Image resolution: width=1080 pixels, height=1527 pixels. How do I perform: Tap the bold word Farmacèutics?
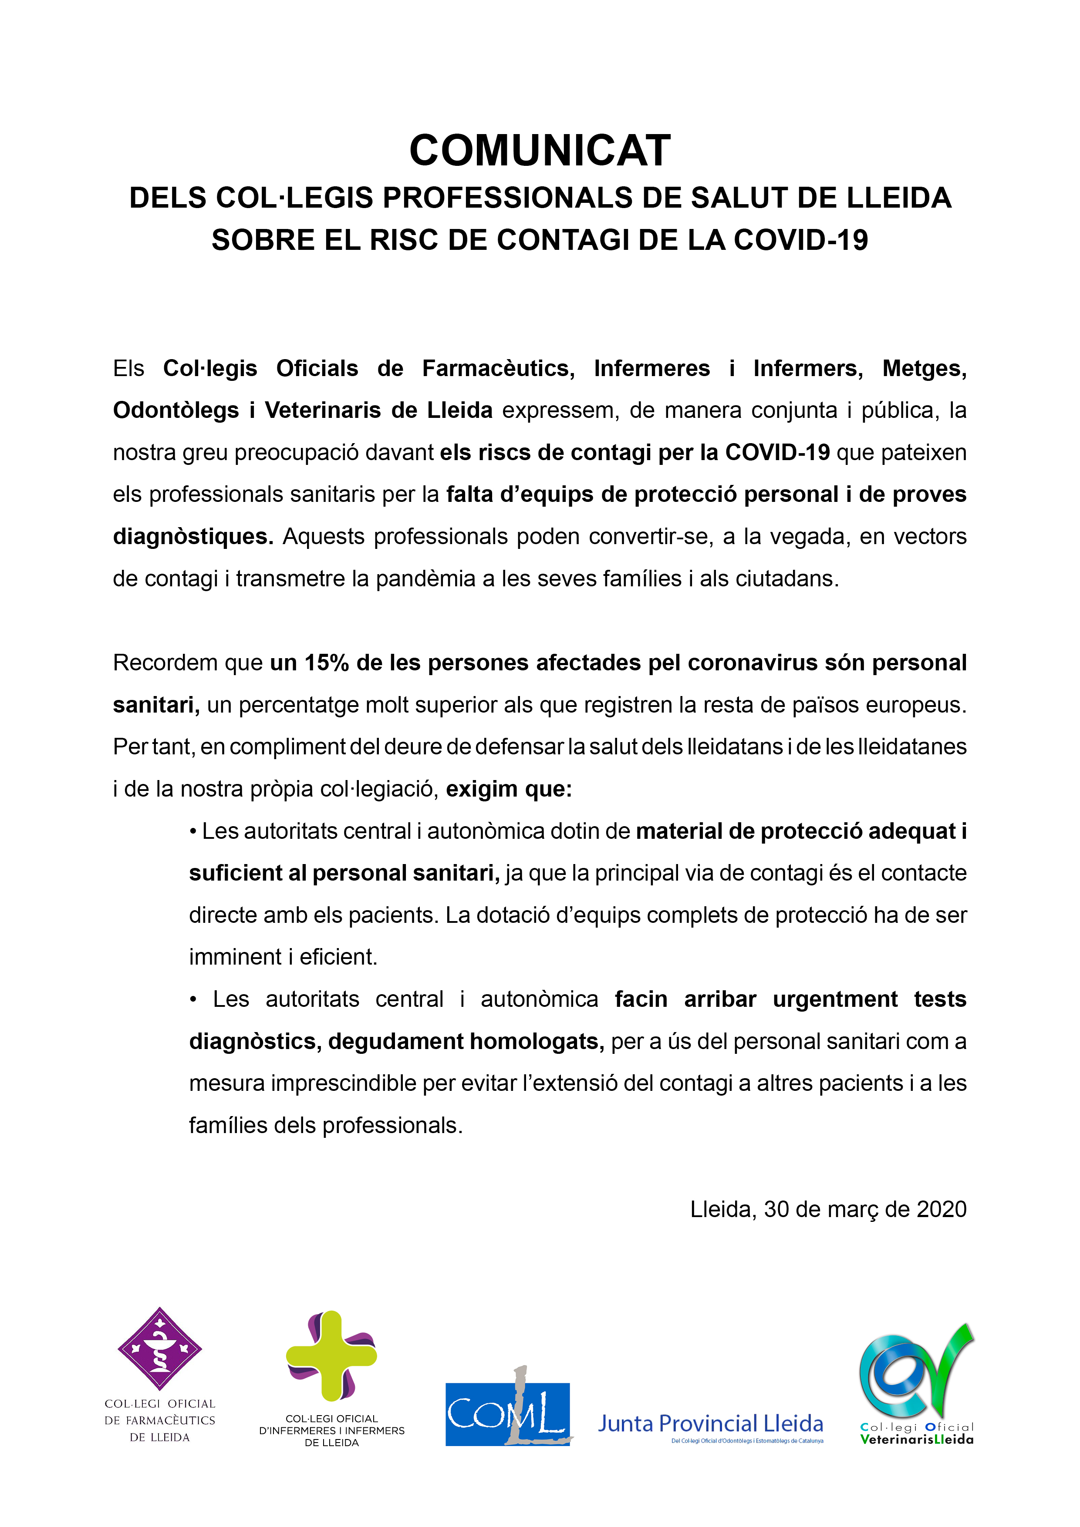point(498,368)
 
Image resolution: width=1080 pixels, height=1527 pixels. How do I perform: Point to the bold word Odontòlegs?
point(175,410)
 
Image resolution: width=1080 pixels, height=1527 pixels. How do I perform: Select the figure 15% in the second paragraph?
point(327,663)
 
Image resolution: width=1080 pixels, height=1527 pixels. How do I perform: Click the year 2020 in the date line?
point(941,1210)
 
